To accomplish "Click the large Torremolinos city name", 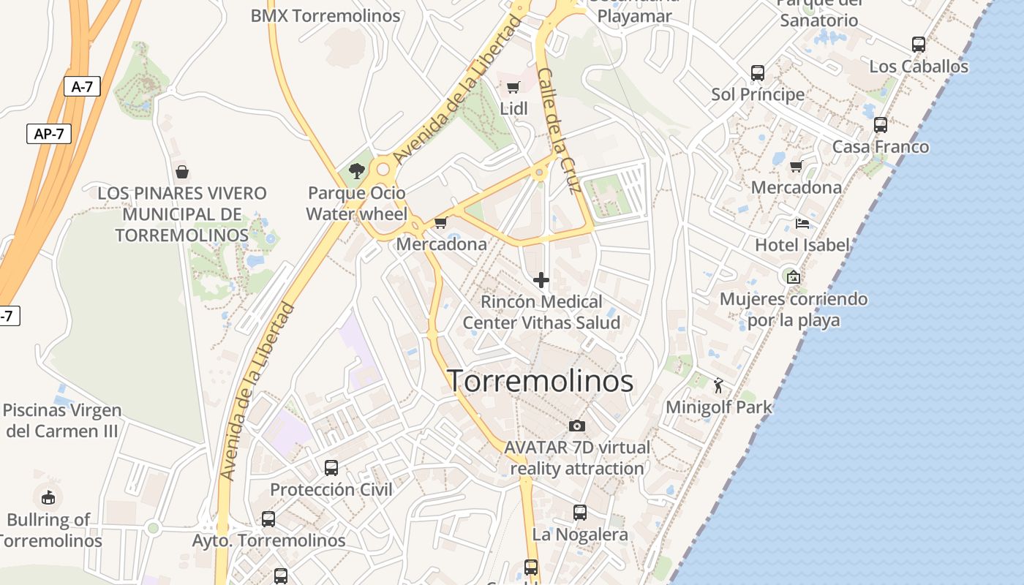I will tap(540, 381).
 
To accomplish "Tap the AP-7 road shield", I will tap(49, 134).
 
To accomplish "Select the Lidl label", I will tap(513, 109).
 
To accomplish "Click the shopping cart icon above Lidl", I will tap(513, 88).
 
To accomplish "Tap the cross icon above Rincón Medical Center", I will tap(541, 280).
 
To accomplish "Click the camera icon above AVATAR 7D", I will tap(577, 426).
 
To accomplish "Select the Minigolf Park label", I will tap(718, 407).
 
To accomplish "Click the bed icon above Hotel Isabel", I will tap(802, 223).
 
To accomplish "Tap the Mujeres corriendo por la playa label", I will tap(794, 309).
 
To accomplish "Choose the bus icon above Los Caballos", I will tap(919, 45).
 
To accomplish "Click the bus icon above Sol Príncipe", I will tap(758, 73).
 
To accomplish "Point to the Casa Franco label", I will tap(881, 147).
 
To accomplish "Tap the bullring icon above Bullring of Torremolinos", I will tap(48, 498).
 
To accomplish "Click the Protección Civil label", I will tap(331, 490).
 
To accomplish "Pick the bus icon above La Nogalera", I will tap(580, 513).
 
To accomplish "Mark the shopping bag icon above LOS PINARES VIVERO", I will tap(182, 172).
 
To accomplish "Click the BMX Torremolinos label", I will tap(325, 16).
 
